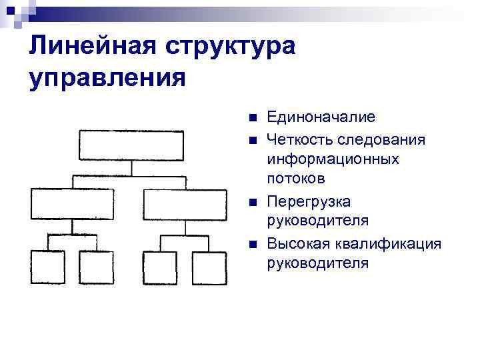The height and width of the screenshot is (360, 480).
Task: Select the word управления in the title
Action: tap(107, 79)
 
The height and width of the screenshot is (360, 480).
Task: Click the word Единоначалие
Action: tap(321, 117)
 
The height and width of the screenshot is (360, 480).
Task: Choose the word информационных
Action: tap(333, 159)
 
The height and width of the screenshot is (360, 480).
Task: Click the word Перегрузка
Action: tap(309, 201)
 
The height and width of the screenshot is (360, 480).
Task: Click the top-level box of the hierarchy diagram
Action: tap(131, 145)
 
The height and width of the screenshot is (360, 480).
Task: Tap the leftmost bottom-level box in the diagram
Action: tap(48, 267)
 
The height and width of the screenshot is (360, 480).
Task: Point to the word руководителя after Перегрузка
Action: tap(317, 221)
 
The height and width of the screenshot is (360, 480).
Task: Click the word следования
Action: tap(380, 139)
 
